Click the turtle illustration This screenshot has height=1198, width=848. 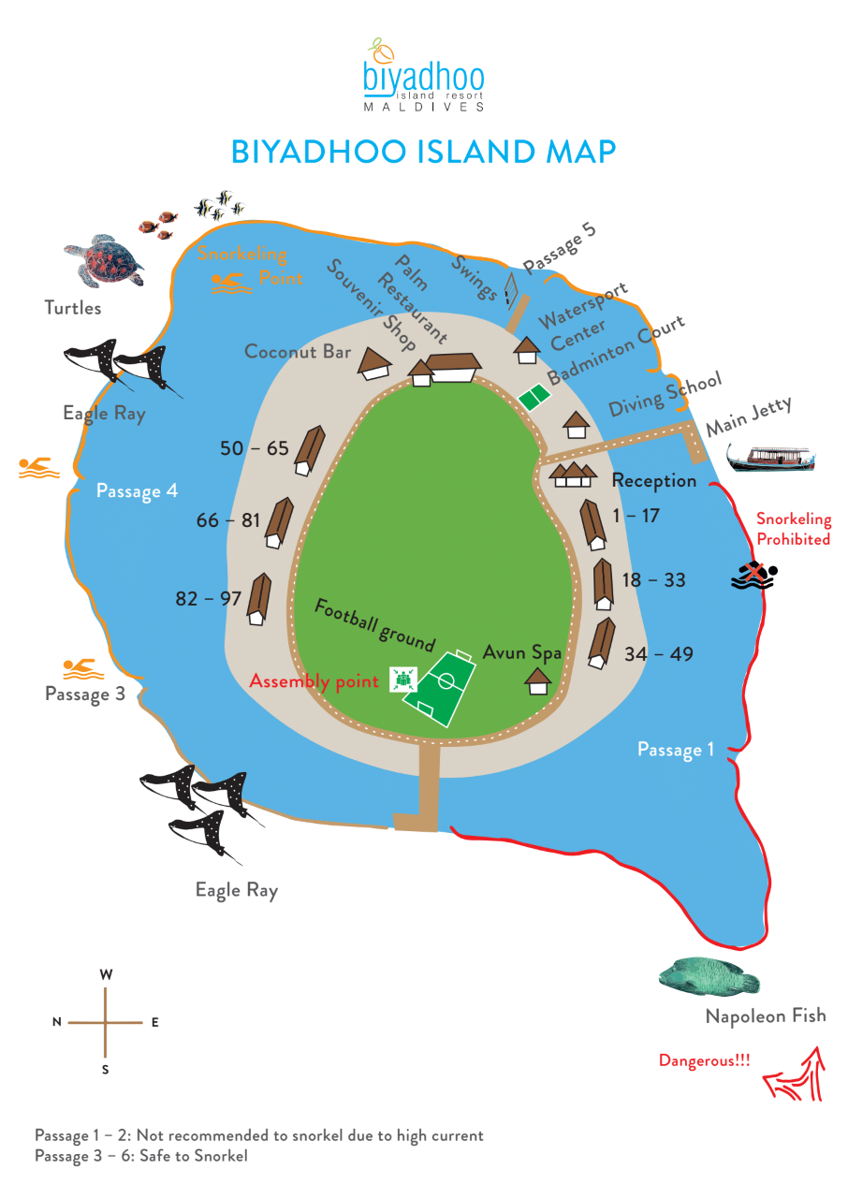[104, 260]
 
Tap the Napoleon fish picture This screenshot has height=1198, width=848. [709, 976]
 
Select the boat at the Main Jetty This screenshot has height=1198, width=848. [770, 459]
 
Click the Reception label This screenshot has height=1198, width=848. [654, 480]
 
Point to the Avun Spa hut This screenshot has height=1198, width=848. [538, 681]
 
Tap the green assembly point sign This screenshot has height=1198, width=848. [403, 679]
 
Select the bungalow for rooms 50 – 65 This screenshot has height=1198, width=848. [310, 450]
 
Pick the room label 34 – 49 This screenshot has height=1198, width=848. [659, 653]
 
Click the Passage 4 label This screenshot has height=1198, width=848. [137, 491]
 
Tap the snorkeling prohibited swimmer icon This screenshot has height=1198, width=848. [753, 575]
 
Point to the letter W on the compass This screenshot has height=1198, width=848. [106, 974]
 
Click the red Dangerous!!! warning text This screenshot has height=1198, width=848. [704, 1060]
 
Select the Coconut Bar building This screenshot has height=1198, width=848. [374, 364]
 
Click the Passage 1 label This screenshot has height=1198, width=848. [675, 750]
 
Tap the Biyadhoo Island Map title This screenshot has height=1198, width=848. [423, 152]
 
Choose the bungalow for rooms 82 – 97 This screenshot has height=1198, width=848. [258, 599]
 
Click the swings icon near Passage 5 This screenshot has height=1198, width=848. [511, 290]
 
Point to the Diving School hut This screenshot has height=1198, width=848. [576, 425]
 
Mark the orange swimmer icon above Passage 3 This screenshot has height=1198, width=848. [83, 669]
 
